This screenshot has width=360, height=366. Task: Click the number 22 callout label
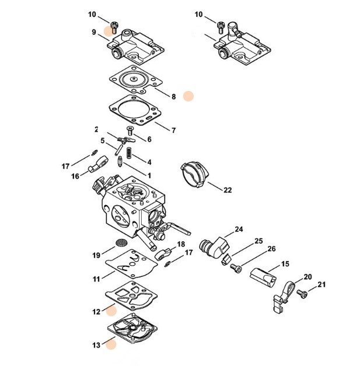(228, 189)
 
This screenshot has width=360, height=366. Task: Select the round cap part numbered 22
(193, 173)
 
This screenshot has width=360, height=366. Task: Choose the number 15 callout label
(285, 264)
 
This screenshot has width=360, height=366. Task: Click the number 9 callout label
(93, 33)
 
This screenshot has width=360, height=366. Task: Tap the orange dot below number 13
(110, 344)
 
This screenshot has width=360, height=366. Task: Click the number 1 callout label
(149, 175)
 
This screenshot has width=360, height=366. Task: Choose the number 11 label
(96, 279)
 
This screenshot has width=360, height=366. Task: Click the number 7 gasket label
(173, 129)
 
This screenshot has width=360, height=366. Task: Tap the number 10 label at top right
(199, 13)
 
